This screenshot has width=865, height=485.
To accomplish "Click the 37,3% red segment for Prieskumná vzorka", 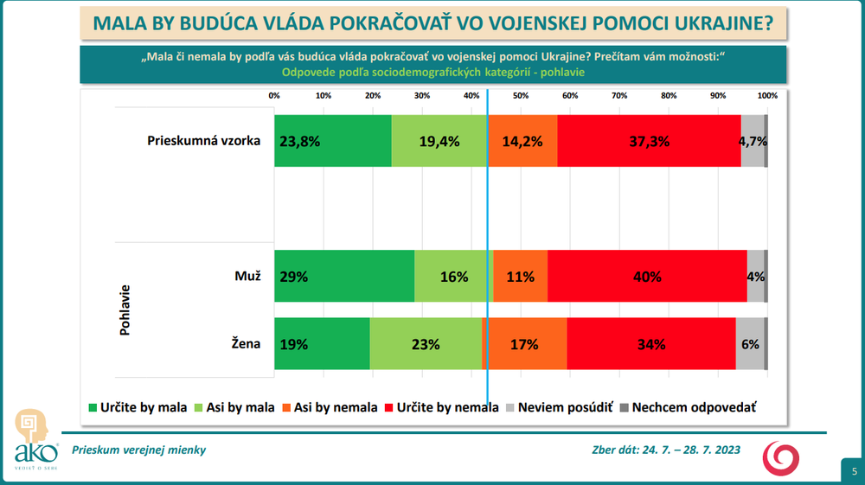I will click(649, 141).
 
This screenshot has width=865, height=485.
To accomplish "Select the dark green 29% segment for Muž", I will click(343, 277).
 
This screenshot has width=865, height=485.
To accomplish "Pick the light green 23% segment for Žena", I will click(425, 344).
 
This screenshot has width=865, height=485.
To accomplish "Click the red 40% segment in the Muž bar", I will click(646, 277).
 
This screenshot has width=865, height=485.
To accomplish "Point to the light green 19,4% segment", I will click(439, 141).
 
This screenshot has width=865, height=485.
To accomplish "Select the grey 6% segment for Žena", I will click(750, 344).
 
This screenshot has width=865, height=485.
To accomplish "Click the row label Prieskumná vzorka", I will click(203, 141).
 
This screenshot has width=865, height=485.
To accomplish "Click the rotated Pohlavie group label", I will click(125, 310).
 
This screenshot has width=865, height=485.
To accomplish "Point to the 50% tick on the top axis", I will click(521, 95).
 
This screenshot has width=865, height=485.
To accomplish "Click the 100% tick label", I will click(767, 95).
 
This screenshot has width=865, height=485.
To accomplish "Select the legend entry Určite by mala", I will click(134, 406).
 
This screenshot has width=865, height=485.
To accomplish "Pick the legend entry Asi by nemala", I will click(331, 406).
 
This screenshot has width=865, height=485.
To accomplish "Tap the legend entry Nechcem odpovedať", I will click(688, 406).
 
